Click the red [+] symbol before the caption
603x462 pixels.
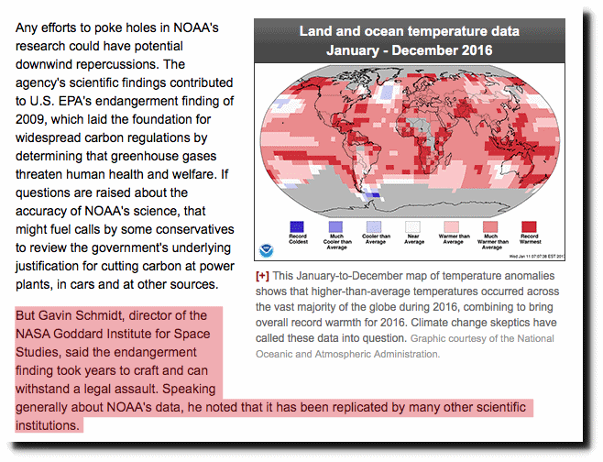coord(262,276)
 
